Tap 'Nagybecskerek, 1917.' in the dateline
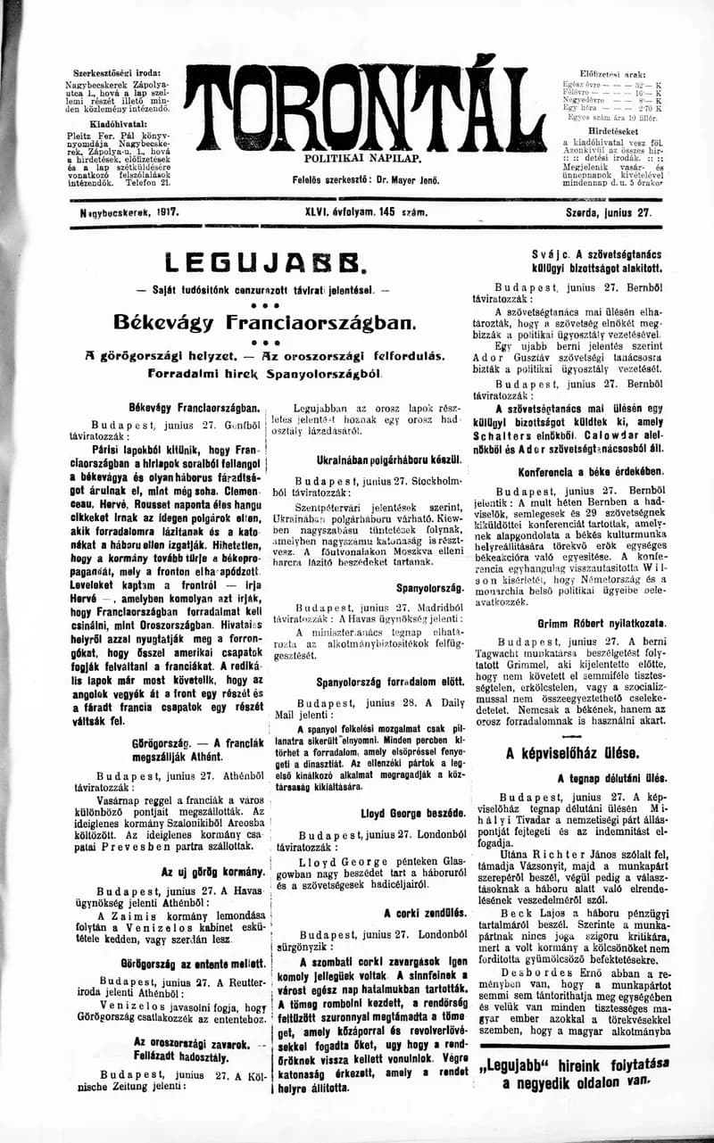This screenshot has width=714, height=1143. (129, 214)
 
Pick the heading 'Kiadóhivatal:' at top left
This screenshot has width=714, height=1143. (120, 124)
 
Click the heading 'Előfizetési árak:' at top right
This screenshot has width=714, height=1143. (614, 71)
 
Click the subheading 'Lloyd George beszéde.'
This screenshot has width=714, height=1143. (412, 814)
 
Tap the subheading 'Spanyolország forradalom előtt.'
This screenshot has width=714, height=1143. (379, 683)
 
